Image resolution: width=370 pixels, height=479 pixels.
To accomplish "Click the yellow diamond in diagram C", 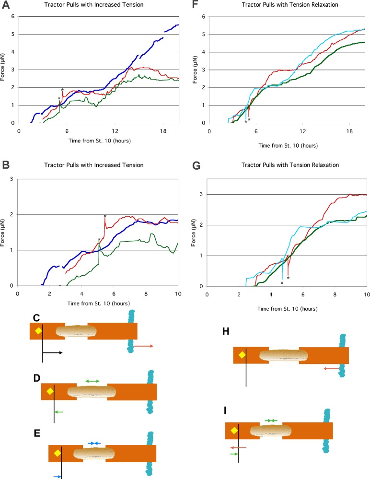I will click(x=37, y=330).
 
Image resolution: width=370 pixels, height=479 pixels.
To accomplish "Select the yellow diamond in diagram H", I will click(x=242, y=355).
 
